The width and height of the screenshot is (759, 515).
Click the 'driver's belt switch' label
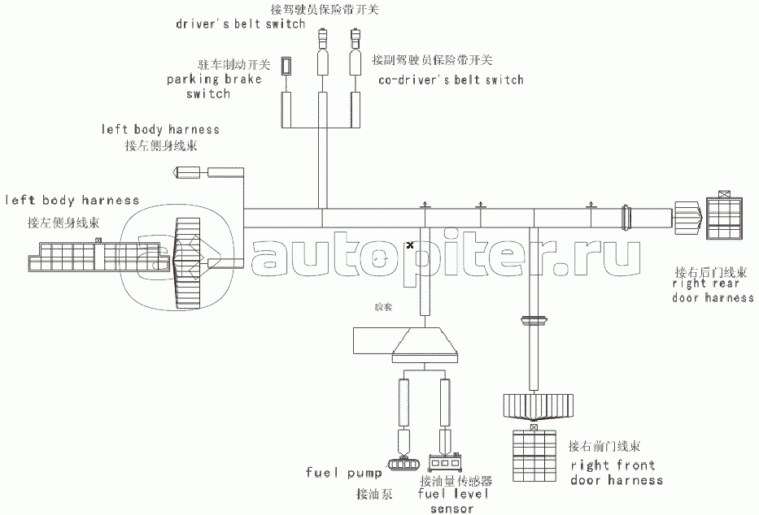[240, 24]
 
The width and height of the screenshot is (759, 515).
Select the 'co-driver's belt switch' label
[451, 80]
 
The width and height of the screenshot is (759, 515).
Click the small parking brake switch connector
[286, 66]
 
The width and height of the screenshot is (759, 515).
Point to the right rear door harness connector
[723, 217]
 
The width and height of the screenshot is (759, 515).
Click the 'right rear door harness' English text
[713, 291]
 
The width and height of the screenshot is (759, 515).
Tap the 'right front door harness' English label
[616, 473]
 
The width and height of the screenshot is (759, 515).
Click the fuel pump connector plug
[404, 462]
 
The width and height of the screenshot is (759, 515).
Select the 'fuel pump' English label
[343, 473]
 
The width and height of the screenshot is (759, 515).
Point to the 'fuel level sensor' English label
[453, 500]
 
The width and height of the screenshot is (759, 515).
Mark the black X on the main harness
[410, 245]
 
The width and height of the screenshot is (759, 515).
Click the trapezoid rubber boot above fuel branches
[426, 344]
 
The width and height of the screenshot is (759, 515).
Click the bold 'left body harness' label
[72, 200]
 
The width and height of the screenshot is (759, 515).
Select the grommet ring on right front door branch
[534, 318]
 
